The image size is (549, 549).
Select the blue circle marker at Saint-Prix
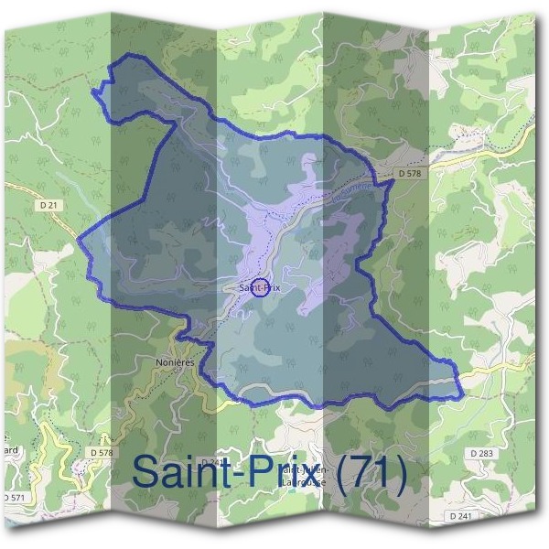pyautogui.click(x=259, y=288)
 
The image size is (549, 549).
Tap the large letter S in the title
pyautogui.click(x=152, y=472)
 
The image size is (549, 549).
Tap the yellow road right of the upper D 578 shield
pyautogui.click(x=467, y=156)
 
